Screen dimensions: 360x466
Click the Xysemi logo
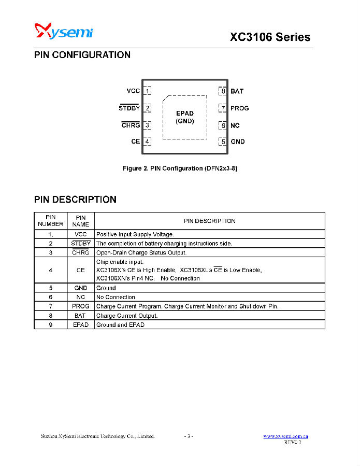[64, 31]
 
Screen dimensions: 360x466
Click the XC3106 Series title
[270, 37]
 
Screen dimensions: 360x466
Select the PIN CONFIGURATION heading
[82, 55]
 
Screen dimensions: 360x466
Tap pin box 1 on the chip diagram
[147, 91]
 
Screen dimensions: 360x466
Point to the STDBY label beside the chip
[129, 108]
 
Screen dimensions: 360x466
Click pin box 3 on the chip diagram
[147, 125]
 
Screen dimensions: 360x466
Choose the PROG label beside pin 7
[240, 108]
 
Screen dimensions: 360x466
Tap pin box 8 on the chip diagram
[223, 91]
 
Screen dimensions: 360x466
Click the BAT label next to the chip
[237, 91]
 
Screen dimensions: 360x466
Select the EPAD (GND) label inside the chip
[185, 117]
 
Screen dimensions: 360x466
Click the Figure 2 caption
[180, 168]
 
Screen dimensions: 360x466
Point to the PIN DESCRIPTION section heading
[75, 200]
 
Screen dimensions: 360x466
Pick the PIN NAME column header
[80, 221]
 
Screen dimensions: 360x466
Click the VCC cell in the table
[80, 234]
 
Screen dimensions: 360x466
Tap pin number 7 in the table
[50, 306]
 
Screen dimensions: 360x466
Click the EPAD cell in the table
[81, 325]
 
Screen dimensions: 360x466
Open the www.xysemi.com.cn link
[286, 436]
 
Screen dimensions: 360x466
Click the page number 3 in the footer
[189, 436]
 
